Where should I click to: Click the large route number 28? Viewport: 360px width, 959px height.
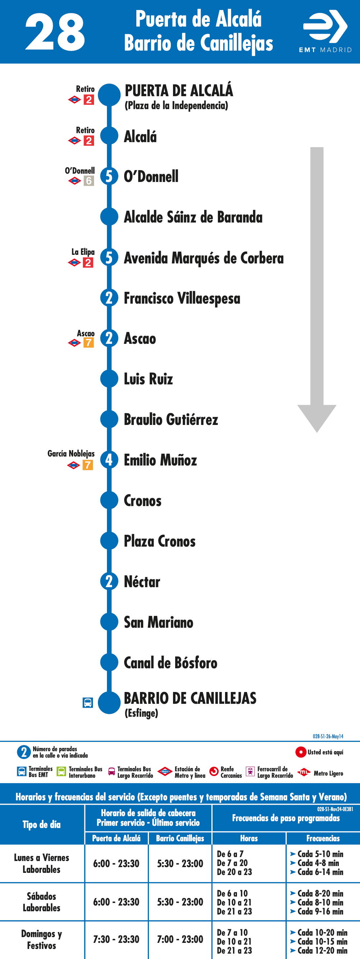[x=55, y=32]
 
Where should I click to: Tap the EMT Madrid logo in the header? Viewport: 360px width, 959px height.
[x=326, y=32]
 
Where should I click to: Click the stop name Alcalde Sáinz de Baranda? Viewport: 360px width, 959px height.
[x=193, y=217]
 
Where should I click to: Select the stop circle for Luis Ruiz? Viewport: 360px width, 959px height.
[x=109, y=379]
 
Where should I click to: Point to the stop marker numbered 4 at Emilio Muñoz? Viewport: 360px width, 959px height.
[x=109, y=460]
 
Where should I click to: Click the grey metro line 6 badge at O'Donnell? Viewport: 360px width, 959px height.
[x=89, y=181]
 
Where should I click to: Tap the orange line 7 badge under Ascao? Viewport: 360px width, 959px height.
[x=89, y=342]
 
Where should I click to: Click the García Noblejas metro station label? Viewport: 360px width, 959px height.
[x=71, y=453]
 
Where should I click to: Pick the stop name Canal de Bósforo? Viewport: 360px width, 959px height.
[x=170, y=663]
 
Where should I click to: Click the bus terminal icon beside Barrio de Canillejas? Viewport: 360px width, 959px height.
[x=88, y=702]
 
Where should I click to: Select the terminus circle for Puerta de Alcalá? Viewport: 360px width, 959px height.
[x=109, y=95]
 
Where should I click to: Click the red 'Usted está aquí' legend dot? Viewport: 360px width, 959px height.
[x=300, y=752]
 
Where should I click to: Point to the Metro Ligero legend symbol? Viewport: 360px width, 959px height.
[x=304, y=772]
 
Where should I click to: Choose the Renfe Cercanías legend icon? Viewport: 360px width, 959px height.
[x=214, y=772]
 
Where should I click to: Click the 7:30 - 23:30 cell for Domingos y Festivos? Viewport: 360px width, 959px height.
[x=116, y=939]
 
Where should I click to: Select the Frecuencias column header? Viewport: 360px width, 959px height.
[x=323, y=838]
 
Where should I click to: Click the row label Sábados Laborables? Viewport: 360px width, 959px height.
[x=41, y=902]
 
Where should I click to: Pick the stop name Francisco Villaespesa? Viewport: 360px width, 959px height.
[x=182, y=298]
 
